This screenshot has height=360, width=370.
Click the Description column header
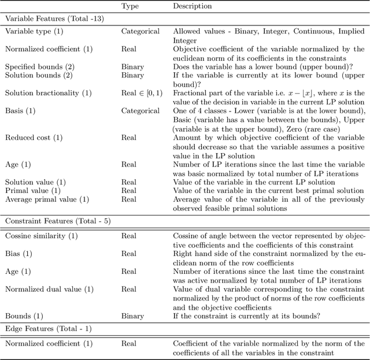coord(193,6)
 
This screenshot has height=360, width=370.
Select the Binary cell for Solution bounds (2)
coord(132,75)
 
